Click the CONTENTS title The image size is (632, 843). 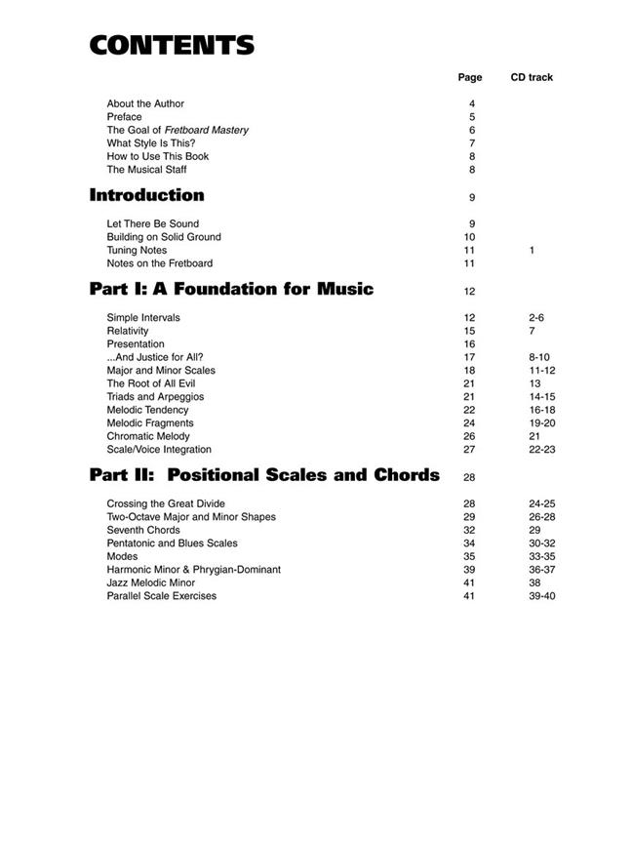click(x=172, y=45)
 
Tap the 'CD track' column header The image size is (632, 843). click(x=532, y=77)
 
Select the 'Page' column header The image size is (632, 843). click(x=470, y=77)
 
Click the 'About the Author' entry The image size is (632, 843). click(x=145, y=103)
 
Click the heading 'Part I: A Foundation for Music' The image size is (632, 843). click(x=231, y=289)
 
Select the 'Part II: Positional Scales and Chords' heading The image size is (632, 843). click(x=264, y=475)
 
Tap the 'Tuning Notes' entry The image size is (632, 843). click(x=137, y=250)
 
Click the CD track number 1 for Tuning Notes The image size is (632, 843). click(x=532, y=251)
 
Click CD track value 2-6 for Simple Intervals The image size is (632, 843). click(x=535, y=317)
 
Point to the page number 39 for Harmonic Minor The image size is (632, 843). click(x=469, y=569)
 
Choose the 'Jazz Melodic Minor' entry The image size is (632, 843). click(x=151, y=582)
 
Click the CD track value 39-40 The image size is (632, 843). click(x=541, y=595)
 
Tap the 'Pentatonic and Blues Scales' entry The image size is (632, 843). click(x=172, y=542)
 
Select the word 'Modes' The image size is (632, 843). click(x=122, y=556)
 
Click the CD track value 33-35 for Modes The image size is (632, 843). click(x=541, y=556)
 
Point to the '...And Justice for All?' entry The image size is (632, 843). click(x=155, y=357)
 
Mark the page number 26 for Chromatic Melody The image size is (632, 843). click(x=469, y=436)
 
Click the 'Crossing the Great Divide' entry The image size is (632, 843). click(x=166, y=503)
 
